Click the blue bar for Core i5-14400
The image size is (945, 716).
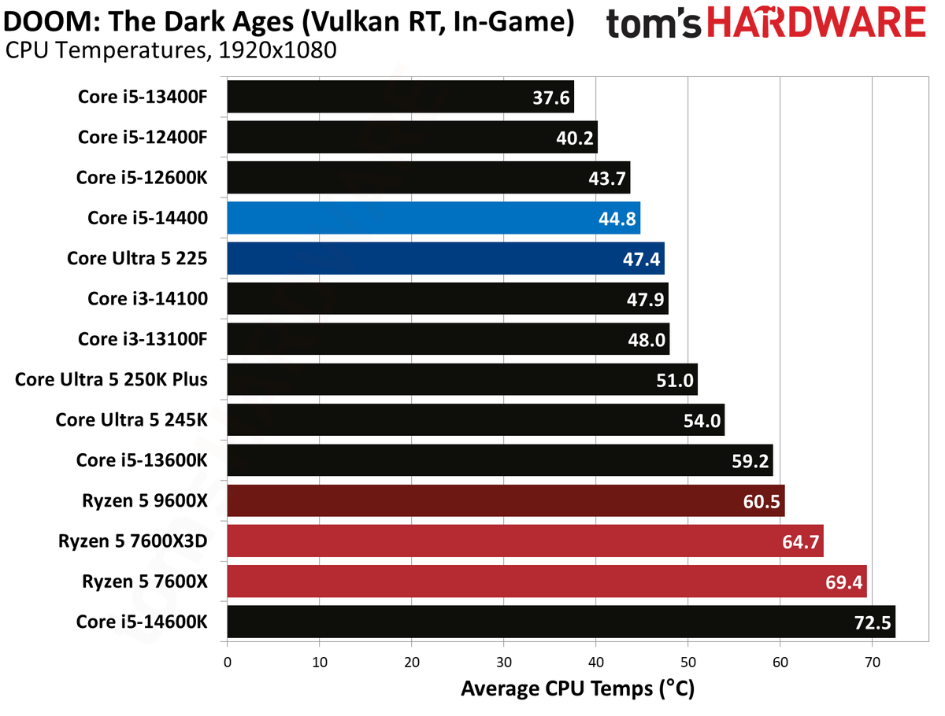click(x=433, y=218)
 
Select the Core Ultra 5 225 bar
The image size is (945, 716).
click(x=445, y=258)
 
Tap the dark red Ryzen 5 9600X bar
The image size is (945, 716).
click(x=506, y=501)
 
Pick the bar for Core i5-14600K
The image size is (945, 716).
click(x=561, y=622)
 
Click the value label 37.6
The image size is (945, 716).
click(x=550, y=98)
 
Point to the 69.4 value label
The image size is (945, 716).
click(x=843, y=582)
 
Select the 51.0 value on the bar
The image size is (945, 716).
click(x=674, y=380)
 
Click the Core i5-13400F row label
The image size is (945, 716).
click(x=143, y=97)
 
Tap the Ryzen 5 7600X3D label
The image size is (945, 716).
click(x=132, y=541)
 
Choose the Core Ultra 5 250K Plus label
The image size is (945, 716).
click(x=111, y=379)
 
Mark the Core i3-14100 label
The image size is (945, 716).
click(x=147, y=298)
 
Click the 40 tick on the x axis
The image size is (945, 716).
click(x=596, y=662)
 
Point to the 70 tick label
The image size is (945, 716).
click(x=873, y=662)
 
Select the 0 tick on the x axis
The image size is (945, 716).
click(x=228, y=662)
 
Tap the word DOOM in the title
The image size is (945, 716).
click(x=51, y=21)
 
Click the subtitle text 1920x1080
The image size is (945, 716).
click(x=277, y=50)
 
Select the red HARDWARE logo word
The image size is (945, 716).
click(x=816, y=22)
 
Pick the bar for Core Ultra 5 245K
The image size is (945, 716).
click(x=476, y=420)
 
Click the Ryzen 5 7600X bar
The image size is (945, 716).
click(x=547, y=581)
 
